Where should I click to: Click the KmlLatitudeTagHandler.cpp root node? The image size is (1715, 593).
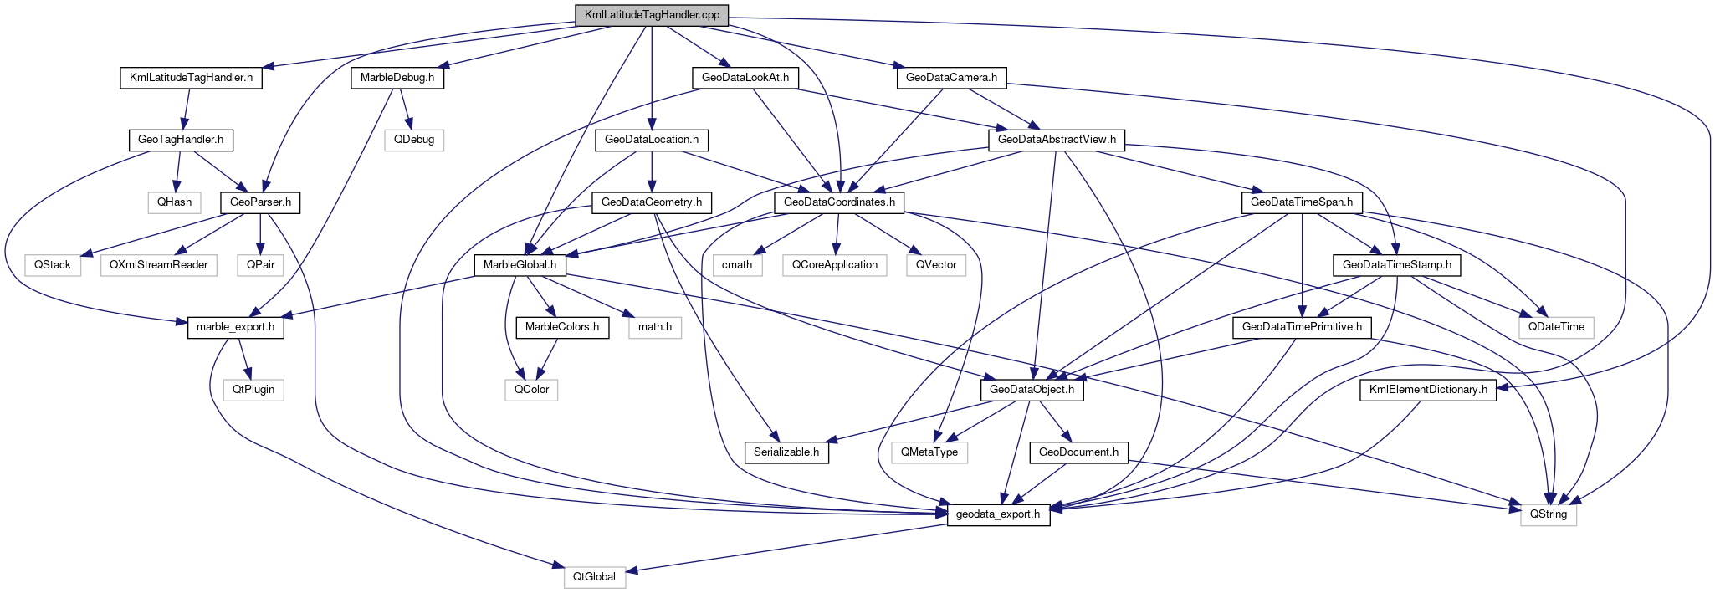652,15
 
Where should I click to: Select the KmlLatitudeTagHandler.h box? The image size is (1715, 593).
191,78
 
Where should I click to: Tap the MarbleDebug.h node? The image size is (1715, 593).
397,78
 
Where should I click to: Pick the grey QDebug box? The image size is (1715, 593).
414,140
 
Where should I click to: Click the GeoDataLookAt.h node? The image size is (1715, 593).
745,78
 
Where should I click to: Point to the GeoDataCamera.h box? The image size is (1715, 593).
951,78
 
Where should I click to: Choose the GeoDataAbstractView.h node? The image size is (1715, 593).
1057,140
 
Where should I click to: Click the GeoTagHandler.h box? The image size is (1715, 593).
181,140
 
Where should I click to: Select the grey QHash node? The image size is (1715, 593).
175,202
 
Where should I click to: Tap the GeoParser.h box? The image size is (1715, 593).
260,202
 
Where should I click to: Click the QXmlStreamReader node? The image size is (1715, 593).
158,264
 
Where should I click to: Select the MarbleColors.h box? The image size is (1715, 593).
562,327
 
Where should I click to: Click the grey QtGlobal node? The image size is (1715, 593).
594,576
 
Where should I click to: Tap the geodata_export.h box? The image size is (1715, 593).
998,514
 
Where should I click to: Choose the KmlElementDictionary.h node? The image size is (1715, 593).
1428,390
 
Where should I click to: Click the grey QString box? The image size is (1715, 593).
1549,514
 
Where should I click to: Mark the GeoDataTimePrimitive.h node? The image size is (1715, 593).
1302,327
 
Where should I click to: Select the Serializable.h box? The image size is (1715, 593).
786,452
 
